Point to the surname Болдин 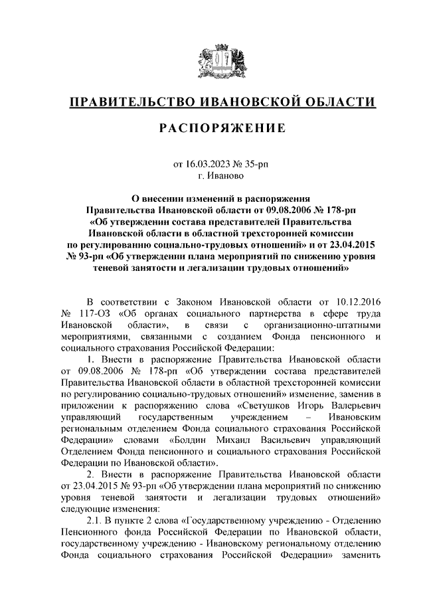[x=193, y=440]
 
